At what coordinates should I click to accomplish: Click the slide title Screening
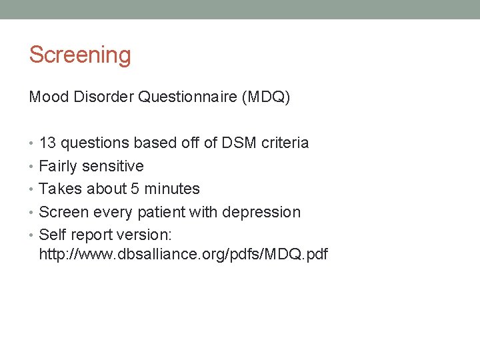pyautogui.click(x=80, y=55)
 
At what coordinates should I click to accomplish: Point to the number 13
pyautogui.click(x=47, y=143)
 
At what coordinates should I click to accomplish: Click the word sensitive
pyautogui.click(x=113, y=166)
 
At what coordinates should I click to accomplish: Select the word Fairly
pyautogui.click(x=59, y=166)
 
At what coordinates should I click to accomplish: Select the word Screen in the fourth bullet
pyautogui.click(x=63, y=212)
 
